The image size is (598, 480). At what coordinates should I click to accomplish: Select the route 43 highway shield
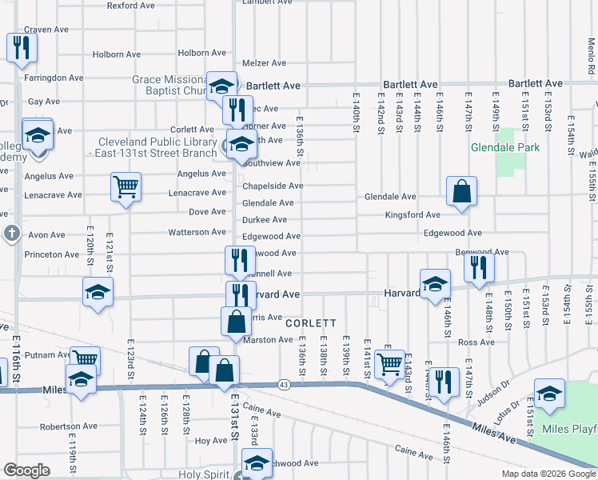pos(285,385)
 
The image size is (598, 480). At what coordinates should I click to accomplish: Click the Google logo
pos(26,470)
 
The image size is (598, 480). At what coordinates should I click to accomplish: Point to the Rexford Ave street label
pos(130,5)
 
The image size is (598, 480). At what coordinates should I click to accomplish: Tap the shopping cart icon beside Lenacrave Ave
pos(126,187)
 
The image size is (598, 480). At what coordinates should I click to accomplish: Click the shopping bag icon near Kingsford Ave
pos(461,191)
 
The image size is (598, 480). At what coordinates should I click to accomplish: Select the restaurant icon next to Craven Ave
pos(21,47)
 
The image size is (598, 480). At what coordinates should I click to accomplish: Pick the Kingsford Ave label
pos(413,215)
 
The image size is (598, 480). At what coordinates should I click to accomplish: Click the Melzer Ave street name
pos(264,62)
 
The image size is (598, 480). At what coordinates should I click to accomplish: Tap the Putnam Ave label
pos(48,354)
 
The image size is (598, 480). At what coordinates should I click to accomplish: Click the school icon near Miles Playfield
pos(549,394)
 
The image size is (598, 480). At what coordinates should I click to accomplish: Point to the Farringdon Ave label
pos(54,78)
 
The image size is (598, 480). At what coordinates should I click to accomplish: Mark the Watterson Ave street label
pos(197,233)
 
